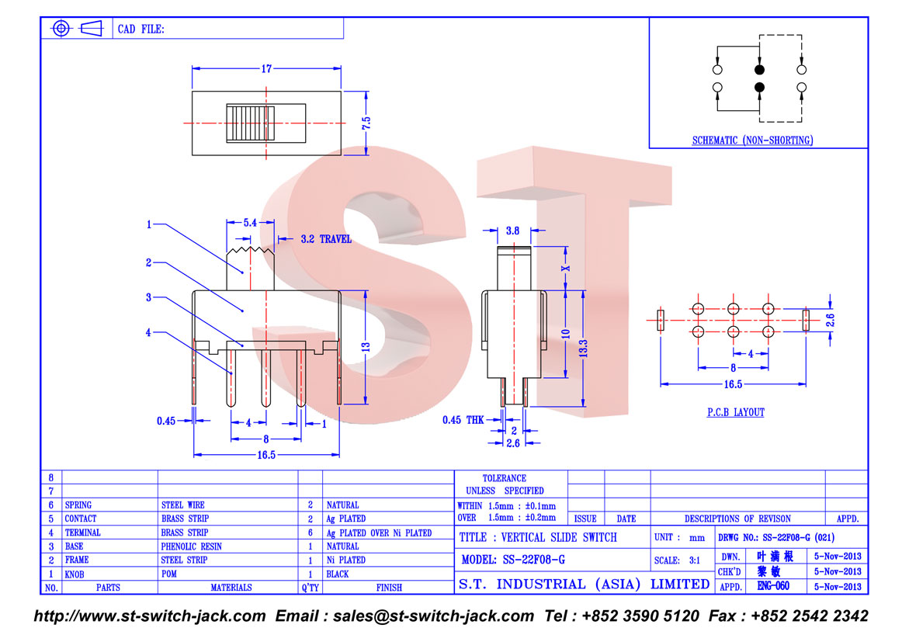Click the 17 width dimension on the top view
tap(266, 69)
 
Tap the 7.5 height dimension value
tap(366, 123)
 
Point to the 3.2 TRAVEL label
tap(325, 239)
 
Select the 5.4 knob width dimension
tap(250, 223)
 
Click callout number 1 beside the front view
tap(149, 224)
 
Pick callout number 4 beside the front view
tap(148, 332)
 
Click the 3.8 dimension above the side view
tap(512, 231)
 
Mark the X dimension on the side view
tap(566, 268)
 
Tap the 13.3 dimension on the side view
tap(583, 348)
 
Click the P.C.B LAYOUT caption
tap(736, 412)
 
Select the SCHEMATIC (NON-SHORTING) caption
tap(752, 141)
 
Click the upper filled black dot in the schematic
tap(759, 70)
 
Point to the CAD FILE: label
tap(141, 29)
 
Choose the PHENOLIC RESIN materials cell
tap(191, 547)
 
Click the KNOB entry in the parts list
tap(75, 574)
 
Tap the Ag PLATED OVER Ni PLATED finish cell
tap(379, 533)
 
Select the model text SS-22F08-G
tap(534, 560)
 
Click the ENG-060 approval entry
tap(773, 586)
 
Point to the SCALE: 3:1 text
tap(677, 560)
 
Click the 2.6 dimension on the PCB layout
tap(830, 320)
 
